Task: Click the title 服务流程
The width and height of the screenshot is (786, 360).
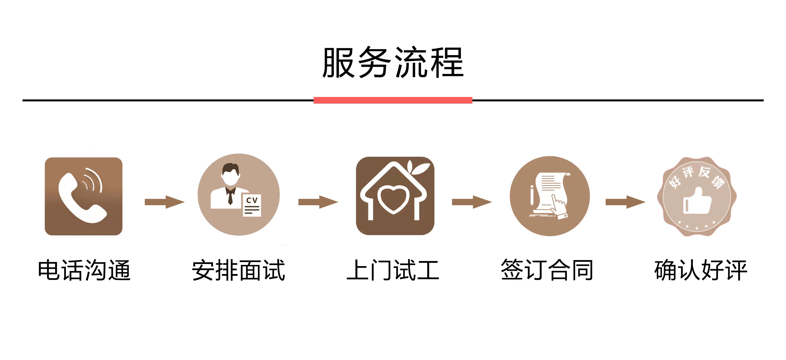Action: [x=393, y=62]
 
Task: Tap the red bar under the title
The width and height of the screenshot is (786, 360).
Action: [x=393, y=100]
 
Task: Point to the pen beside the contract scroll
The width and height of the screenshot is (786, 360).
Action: [x=532, y=195]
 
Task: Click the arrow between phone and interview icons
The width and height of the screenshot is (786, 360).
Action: [x=164, y=202]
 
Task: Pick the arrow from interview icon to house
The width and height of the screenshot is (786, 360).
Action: [x=318, y=202]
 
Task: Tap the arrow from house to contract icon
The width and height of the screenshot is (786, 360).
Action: [x=472, y=202]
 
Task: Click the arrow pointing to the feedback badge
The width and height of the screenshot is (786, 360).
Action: [x=625, y=202]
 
